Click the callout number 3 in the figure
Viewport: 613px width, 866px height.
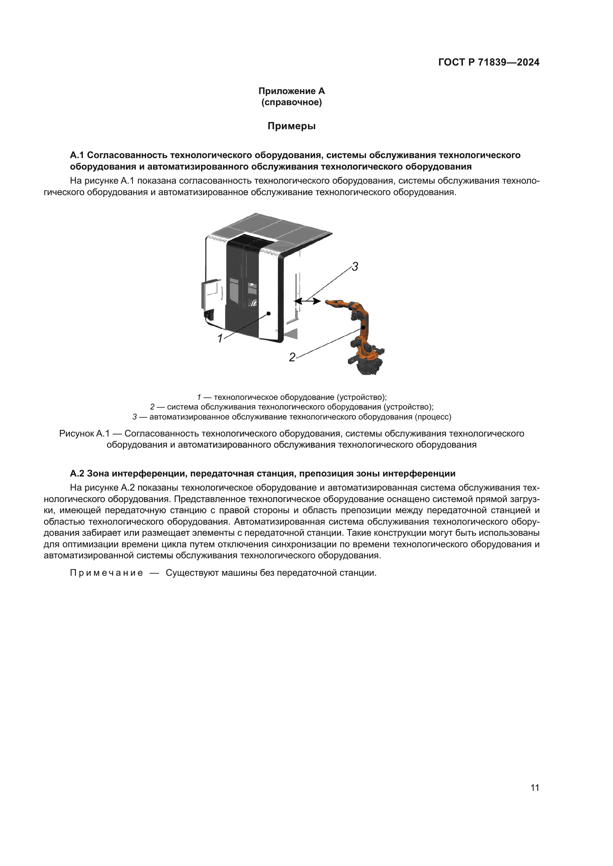pyautogui.click(x=354, y=267)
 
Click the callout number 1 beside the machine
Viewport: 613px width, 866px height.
pyautogui.click(x=220, y=338)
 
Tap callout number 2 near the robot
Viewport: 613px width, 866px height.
pyautogui.click(x=292, y=357)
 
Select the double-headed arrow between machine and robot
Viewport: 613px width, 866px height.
pyautogui.click(x=307, y=301)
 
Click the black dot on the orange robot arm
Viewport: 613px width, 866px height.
pyautogui.click(x=363, y=328)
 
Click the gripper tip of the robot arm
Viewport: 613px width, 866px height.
pyautogui.click(x=327, y=301)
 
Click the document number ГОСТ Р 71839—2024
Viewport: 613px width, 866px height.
pyautogui.click(x=488, y=62)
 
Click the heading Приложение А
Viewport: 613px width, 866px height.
pyautogui.click(x=291, y=91)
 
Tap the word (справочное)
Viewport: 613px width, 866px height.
pyautogui.click(x=291, y=102)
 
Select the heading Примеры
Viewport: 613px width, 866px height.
pyautogui.click(x=291, y=126)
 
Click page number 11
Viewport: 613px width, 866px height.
pyautogui.click(x=534, y=788)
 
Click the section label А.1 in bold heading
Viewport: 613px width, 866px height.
pyautogui.click(x=77, y=155)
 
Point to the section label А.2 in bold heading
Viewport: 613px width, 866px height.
pyautogui.click(x=77, y=474)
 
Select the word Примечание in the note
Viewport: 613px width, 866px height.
pyautogui.click(x=106, y=573)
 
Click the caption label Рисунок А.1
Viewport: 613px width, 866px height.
pyautogui.click(x=84, y=434)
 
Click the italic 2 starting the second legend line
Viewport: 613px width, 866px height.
pyautogui.click(x=152, y=407)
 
